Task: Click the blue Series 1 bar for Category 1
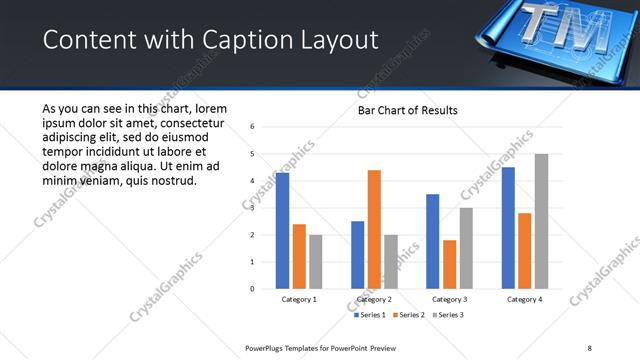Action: pyautogui.click(x=282, y=231)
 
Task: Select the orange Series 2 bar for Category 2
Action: pyautogui.click(x=374, y=229)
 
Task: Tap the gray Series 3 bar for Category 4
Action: pyautogui.click(x=541, y=221)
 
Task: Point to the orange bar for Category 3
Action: pyautogui.click(x=449, y=264)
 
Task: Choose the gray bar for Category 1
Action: pyautogui.click(x=316, y=261)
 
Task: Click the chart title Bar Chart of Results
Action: pyautogui.click(x=408, y=110)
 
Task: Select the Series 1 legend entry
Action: pyautogui.click(x=371, y=315)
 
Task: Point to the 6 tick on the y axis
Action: pyautogui.click(x=253, y=127)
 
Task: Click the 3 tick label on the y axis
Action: pyautogui.click(x=253, y=208)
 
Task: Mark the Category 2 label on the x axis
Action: pyautogui.click(x=374, y=299)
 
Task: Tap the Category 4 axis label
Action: pyautogui.click(x=524, y=299)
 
